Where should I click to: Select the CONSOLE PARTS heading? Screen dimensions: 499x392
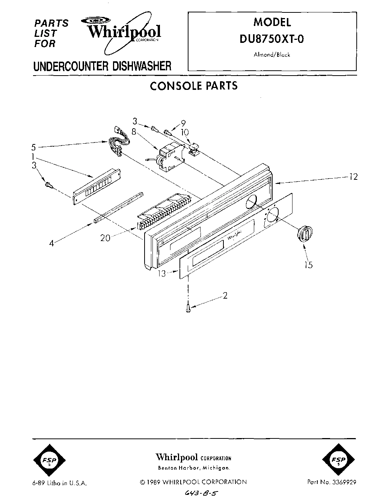pos(194,86)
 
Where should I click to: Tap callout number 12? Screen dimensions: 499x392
pos(353,177)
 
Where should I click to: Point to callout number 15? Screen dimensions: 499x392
pos(308,265)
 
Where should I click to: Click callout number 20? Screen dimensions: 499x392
pos(106,238)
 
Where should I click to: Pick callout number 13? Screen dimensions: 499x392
pos(161,274)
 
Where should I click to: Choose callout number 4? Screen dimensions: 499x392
pos(51,243)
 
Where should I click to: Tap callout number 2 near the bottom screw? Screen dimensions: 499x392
pos(225,296)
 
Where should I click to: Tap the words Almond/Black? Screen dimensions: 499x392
pos(272,55)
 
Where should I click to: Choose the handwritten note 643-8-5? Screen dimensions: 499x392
pos(195,492)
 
